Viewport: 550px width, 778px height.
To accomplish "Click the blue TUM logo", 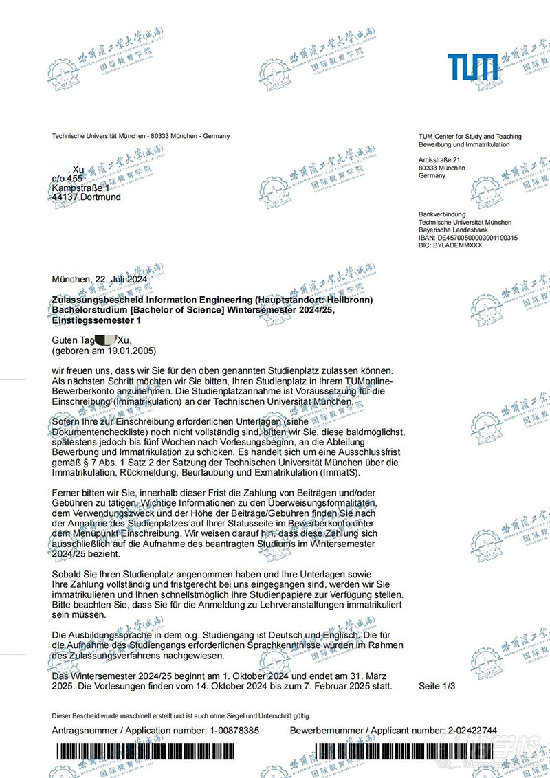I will [473, 67].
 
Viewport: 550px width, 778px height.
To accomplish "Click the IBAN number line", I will [467, 238].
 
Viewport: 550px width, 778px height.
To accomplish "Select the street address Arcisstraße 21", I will [439, 159].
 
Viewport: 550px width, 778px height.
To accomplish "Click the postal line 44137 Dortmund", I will [86, 197].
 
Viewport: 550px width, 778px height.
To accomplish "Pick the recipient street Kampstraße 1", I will [80, 188].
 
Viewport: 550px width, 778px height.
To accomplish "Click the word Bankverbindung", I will [442, 214].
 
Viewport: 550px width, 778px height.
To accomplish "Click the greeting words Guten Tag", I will [74, 340].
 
